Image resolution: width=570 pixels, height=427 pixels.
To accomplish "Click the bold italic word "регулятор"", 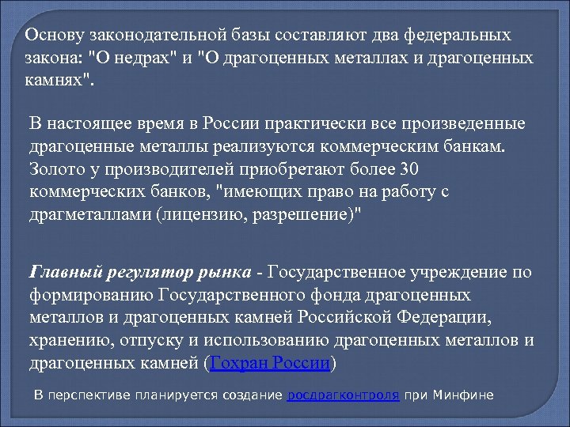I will pyautogui.click(x=145, y=273).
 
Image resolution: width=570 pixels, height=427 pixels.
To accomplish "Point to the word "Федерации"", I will pyautogui.click(x=465, y=318).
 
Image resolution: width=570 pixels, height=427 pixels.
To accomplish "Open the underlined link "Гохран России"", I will pyautogui.click(x=269, y=364).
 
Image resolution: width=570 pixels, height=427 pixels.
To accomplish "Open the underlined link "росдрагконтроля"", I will pyautogui.click(x=343, y=394).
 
